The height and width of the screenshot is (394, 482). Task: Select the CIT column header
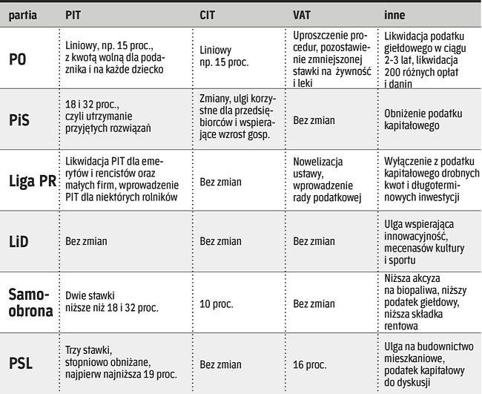click(x=208, y=15)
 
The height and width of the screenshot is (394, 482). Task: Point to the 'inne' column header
click(x=394, y=15)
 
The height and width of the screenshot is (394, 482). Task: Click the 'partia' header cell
click(x=24, y=15)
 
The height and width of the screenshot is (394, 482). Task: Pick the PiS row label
click(x=21, y=119)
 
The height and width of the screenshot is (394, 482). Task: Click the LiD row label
click(x=20, y=240)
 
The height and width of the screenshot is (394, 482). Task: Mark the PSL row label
click(x=21, y=364)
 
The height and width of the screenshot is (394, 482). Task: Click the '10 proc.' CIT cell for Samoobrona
click(x=218, y=302)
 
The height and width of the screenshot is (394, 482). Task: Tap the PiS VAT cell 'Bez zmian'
click(x=314, y=119)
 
